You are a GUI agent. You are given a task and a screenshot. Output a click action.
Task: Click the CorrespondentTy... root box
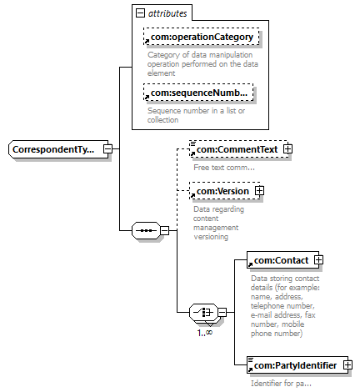point(58,149)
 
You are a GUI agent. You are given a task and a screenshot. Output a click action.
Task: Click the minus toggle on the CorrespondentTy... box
point(107,149)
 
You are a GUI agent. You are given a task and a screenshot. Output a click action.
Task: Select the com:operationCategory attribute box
point(202,37)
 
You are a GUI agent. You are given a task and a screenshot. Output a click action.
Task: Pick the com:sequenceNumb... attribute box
point(198,93)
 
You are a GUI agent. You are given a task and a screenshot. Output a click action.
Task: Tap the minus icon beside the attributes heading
point(140,13)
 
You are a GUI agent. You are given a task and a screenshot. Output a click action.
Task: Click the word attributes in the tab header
point(167,13)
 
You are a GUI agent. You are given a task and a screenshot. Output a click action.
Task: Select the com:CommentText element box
point(239,149)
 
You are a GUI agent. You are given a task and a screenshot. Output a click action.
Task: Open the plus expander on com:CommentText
point(288,149)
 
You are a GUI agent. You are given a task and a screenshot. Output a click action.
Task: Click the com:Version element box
point(224,191)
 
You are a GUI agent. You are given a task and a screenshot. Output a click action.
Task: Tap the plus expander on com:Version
point(259,191)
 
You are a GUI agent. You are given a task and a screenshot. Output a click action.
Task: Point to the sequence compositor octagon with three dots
point(146,230)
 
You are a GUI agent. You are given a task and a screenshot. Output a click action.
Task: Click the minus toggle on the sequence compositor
point(165,230)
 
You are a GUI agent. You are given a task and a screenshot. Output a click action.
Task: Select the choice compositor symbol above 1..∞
point(204,312)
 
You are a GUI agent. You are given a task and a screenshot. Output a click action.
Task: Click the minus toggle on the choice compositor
point(222,312)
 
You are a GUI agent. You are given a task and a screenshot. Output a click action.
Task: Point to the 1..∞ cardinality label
point(205,332)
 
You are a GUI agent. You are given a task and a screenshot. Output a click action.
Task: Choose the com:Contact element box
point(282,260)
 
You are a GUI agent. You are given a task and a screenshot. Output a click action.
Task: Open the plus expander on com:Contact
point(318,260)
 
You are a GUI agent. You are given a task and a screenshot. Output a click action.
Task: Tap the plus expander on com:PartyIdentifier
point(347,365)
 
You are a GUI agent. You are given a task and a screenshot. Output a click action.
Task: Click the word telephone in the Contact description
point(267,306)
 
